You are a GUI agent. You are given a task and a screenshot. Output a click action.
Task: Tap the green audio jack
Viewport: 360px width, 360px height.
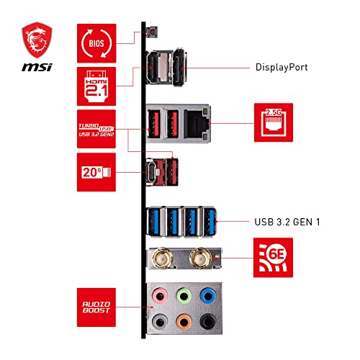click(x=184, y=296)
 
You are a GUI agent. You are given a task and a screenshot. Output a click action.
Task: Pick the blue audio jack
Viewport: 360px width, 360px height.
click(x=208, y=296)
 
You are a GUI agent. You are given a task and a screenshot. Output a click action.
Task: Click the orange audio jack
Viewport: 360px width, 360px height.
click(x=184, y=321)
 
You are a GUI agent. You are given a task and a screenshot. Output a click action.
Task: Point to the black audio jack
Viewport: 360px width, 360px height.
click(x=208, y=321)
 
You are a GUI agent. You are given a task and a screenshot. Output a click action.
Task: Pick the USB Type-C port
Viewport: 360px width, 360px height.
click(x=154, y=172)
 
